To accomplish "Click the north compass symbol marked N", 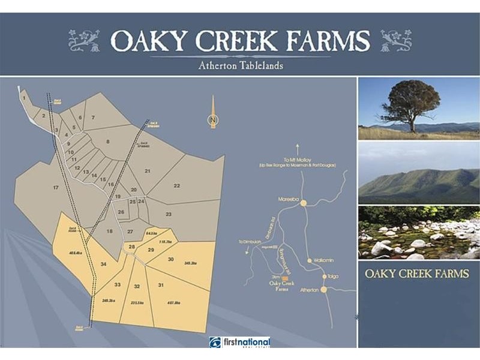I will click(x=212, y=120).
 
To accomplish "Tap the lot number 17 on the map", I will click(x=56, y=188).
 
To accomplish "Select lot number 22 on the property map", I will click(x=176, y=186).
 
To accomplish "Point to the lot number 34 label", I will click(x=104, y=265).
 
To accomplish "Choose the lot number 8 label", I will click(x=108, y=142).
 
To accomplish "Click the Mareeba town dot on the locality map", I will click(x=304, y=203).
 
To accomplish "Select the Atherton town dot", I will click(x=323, y=289).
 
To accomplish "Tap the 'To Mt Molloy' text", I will click(x=298, y=160).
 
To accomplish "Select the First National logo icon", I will click(x=215, y=343).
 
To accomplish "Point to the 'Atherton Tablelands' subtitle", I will click(x=240, y=65).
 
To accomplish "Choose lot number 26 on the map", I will click(x=121, y=212).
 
